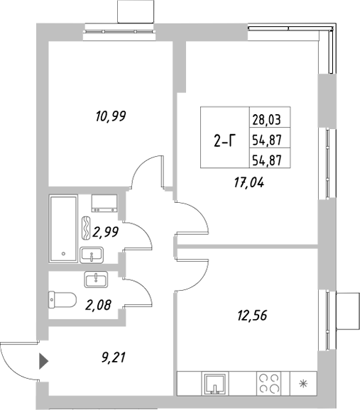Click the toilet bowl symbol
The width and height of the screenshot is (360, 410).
pyautogui.click(x=61, y=300)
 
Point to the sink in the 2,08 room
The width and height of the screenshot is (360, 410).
pyautogui.click(x=94, y=279)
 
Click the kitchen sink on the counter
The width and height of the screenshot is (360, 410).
pyautogui.click(x=214, y=386)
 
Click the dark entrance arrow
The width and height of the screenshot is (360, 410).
pyautogui.click(x=43, y=361)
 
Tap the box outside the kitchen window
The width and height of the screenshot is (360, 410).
pyautogui.click(x=348, y=309)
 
